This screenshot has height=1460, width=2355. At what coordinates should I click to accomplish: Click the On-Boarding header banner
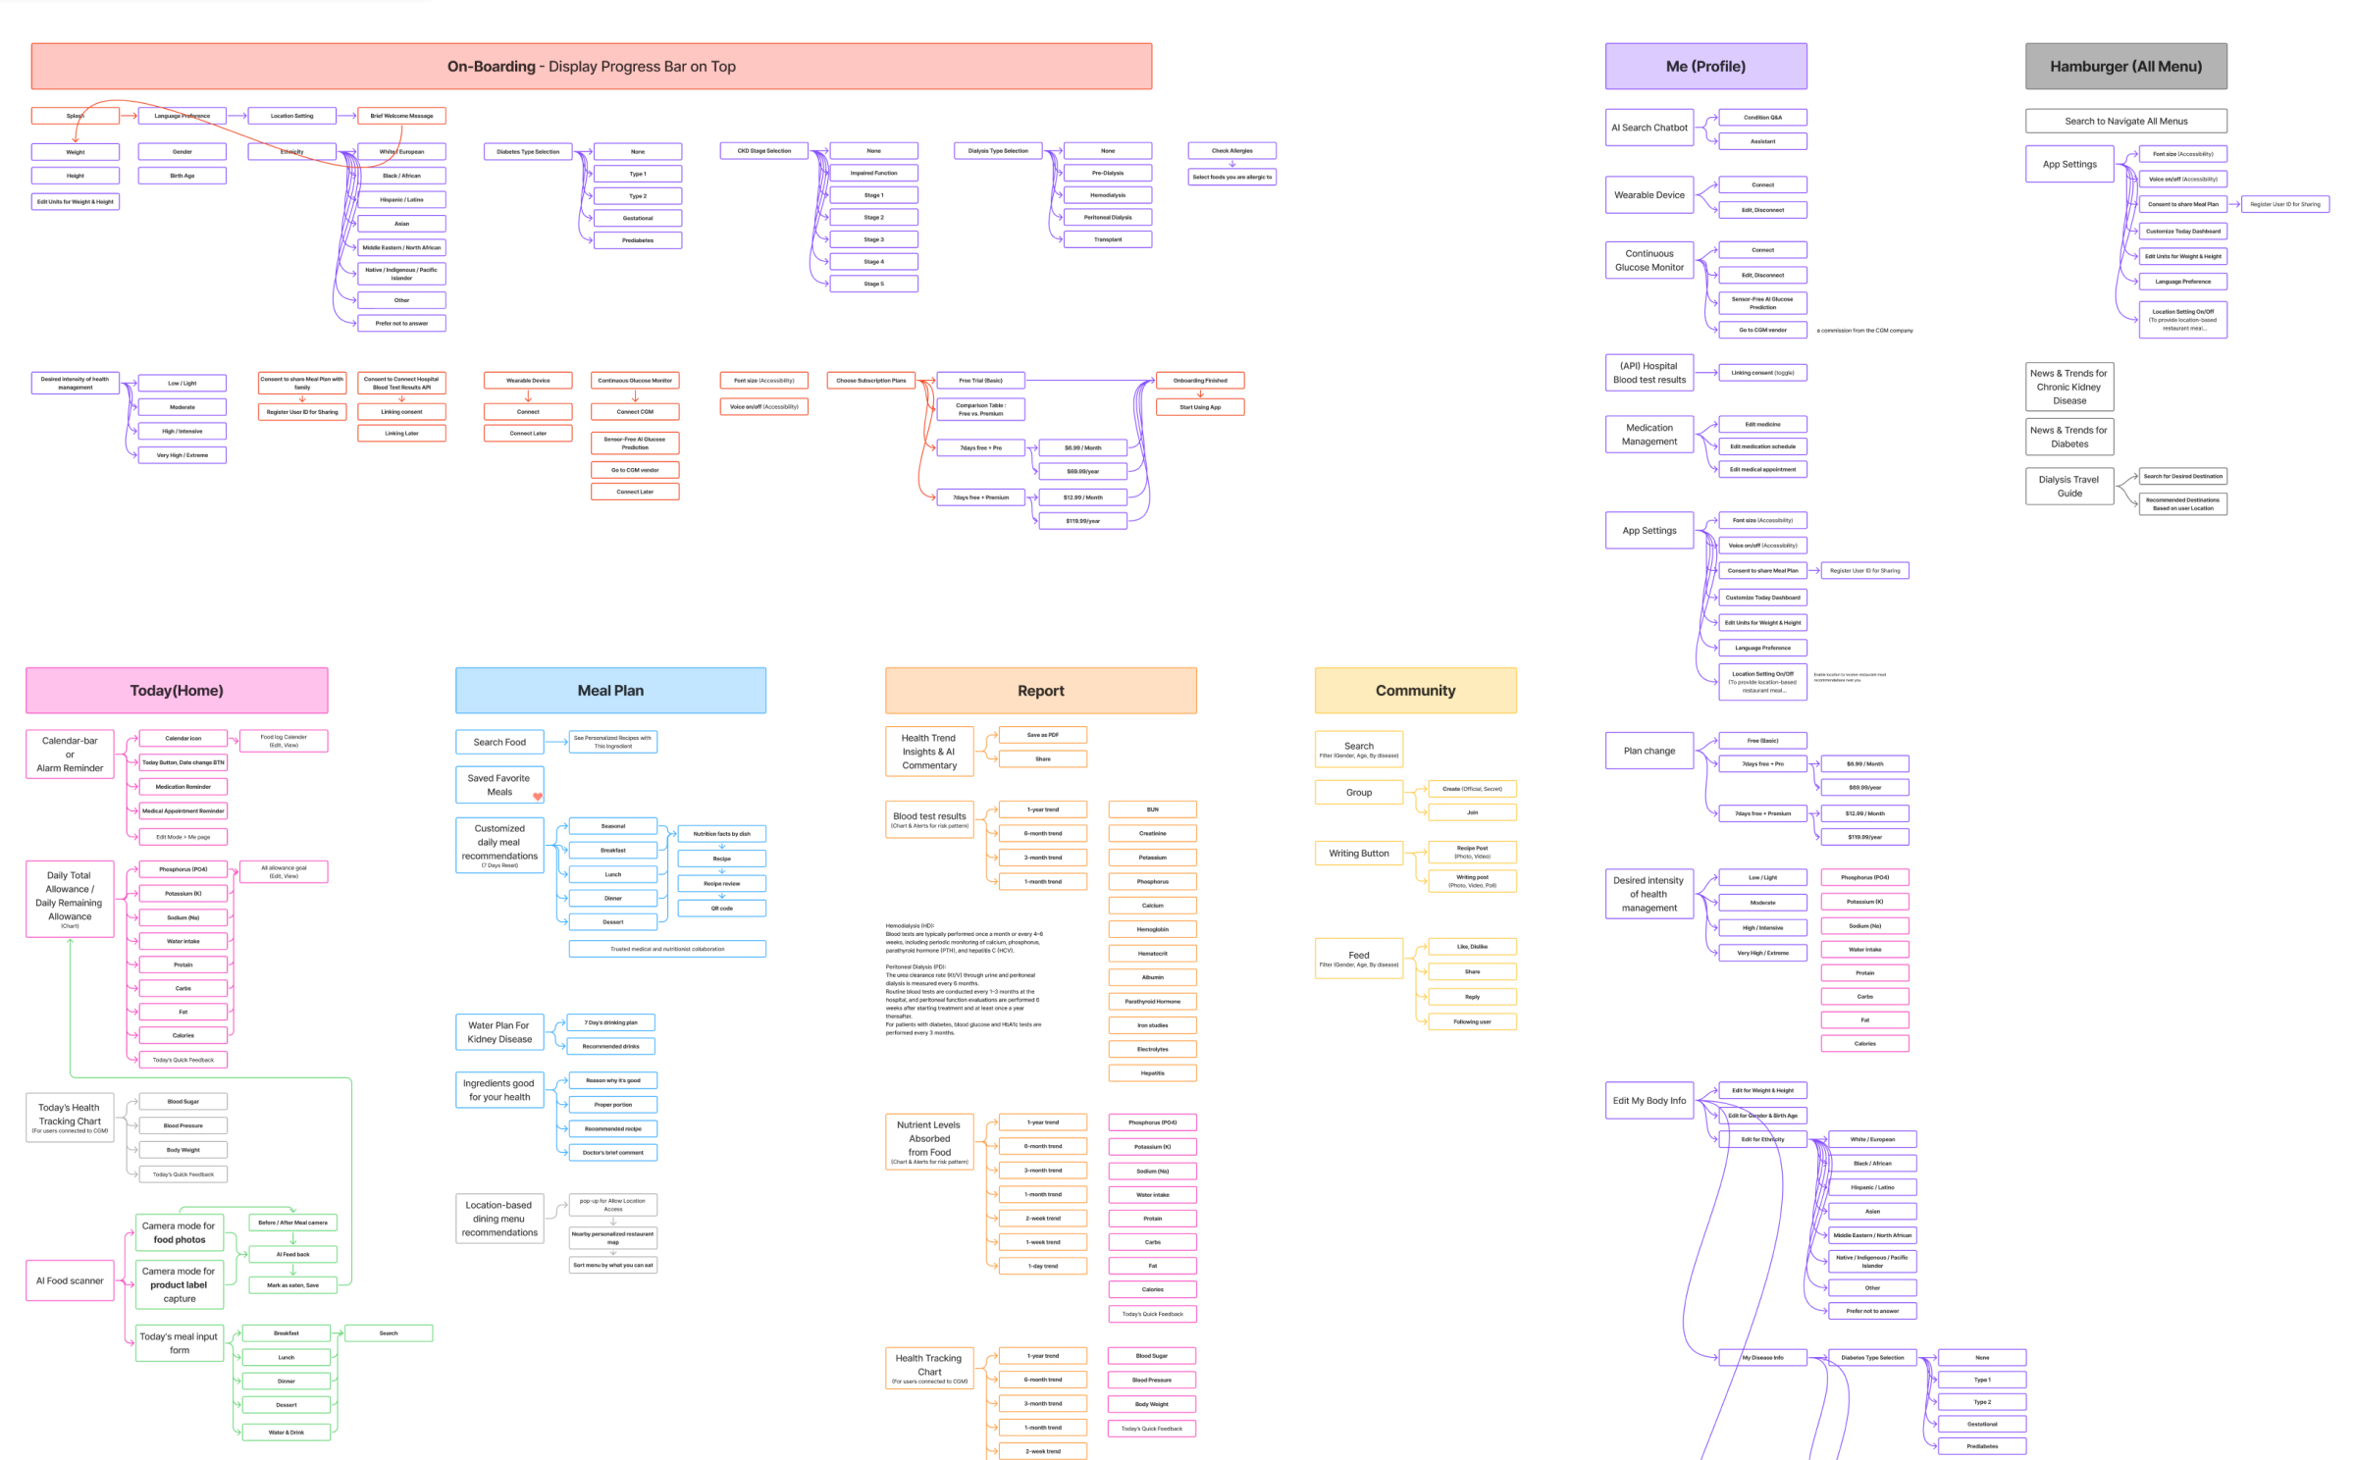(x=591, y=67)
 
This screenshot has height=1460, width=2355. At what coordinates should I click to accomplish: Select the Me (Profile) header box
(x=1705, y=67)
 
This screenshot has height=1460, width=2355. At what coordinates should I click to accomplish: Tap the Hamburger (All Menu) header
(x=2125, y=67)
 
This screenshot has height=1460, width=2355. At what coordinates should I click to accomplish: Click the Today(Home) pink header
(x=177, y=691)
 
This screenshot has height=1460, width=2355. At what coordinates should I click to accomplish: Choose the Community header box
(x=1415, y=691)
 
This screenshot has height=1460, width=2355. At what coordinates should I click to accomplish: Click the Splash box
(x=75, y=116)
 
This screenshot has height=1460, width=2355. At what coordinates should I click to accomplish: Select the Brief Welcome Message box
(x=401, y=116)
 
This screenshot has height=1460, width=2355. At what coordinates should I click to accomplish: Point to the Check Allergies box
(x=1231, y=151)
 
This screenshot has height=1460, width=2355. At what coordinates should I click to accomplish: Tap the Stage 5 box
(x=873, y=284)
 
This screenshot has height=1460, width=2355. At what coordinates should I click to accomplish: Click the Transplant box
(x=1108, y=239)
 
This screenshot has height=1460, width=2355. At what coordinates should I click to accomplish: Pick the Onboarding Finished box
(x=1200, y=381)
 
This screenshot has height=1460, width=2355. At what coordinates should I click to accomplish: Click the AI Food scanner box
(x=70, y=1280)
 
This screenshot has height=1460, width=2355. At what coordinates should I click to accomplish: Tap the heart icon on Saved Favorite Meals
(x=538, y=796)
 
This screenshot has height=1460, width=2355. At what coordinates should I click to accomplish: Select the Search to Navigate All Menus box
(x=2125, y=122)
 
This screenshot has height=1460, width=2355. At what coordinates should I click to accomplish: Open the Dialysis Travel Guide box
(x=2068, y=487)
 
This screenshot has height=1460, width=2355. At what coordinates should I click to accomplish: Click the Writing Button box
(x=1358, y=854)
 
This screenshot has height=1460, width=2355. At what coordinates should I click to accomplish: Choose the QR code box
(x=721, y=909)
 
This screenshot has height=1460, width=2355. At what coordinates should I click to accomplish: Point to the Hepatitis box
(x=1152, y=1073)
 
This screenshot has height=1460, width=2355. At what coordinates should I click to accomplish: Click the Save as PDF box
(x=1042, y=735)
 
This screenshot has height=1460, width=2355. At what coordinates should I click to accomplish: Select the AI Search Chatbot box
(x=1648, y=128)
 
